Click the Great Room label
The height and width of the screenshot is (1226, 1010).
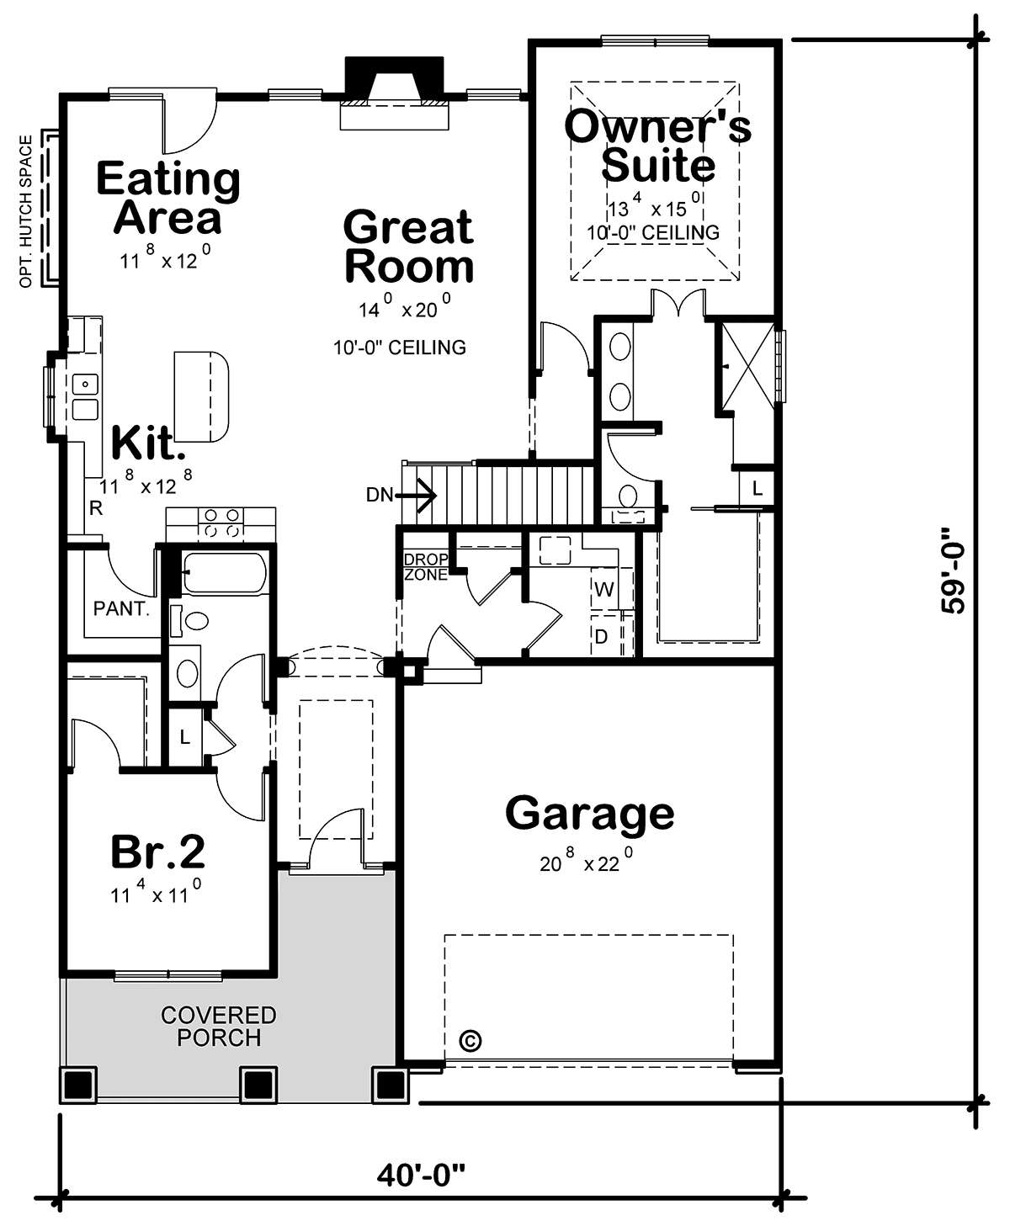409,247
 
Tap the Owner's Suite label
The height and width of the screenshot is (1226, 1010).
657,145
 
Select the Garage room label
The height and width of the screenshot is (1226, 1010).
589,814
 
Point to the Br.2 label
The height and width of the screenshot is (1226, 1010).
158,852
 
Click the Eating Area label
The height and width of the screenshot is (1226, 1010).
168,197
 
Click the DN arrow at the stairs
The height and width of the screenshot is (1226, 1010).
417,496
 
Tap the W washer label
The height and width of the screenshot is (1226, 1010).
604,589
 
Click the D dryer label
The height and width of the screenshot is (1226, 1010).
601,636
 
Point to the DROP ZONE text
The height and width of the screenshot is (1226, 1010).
427,567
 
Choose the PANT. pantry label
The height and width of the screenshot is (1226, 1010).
121,609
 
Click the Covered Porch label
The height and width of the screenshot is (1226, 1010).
219,1027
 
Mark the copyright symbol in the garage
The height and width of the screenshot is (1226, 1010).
470,1040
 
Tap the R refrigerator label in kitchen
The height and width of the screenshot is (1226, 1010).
96,508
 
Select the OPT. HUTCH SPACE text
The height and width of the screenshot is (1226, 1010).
26,212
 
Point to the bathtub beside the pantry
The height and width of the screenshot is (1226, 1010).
225,573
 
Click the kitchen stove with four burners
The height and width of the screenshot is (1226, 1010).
221,523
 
